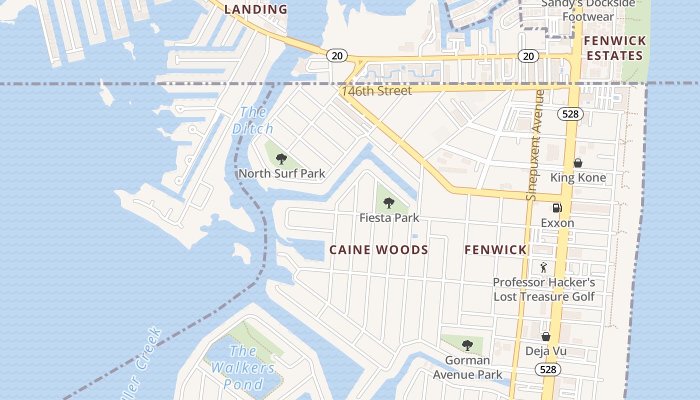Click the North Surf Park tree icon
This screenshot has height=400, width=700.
(281, 159)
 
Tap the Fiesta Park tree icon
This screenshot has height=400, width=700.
(389, 203)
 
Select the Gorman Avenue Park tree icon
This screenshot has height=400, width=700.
(467, 345)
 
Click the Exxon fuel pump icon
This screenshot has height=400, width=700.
(557, 208)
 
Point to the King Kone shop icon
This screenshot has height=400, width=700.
(577, 163)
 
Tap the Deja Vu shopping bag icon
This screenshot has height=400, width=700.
(546, 336)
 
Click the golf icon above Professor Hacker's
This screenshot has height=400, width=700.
(543, 267)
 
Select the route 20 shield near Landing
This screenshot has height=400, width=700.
(337, 55)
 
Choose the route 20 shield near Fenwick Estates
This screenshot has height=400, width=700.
(528, 56)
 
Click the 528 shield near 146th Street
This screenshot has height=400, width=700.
(570, 114)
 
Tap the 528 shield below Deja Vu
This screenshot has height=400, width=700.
(547, 369)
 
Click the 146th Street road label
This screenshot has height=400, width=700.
(376, 90)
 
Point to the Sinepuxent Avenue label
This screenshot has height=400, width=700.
(535, 145)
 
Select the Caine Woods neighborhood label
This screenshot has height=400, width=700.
(378, 250)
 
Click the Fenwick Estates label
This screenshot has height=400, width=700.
(614, 48)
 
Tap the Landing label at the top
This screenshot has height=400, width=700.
(255, 9)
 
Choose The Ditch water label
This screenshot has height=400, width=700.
(253, 120)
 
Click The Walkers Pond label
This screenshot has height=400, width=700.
(242, 367)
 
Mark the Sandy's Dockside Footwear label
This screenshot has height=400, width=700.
(588, 10)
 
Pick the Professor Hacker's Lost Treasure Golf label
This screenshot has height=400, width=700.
(544, 289)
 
